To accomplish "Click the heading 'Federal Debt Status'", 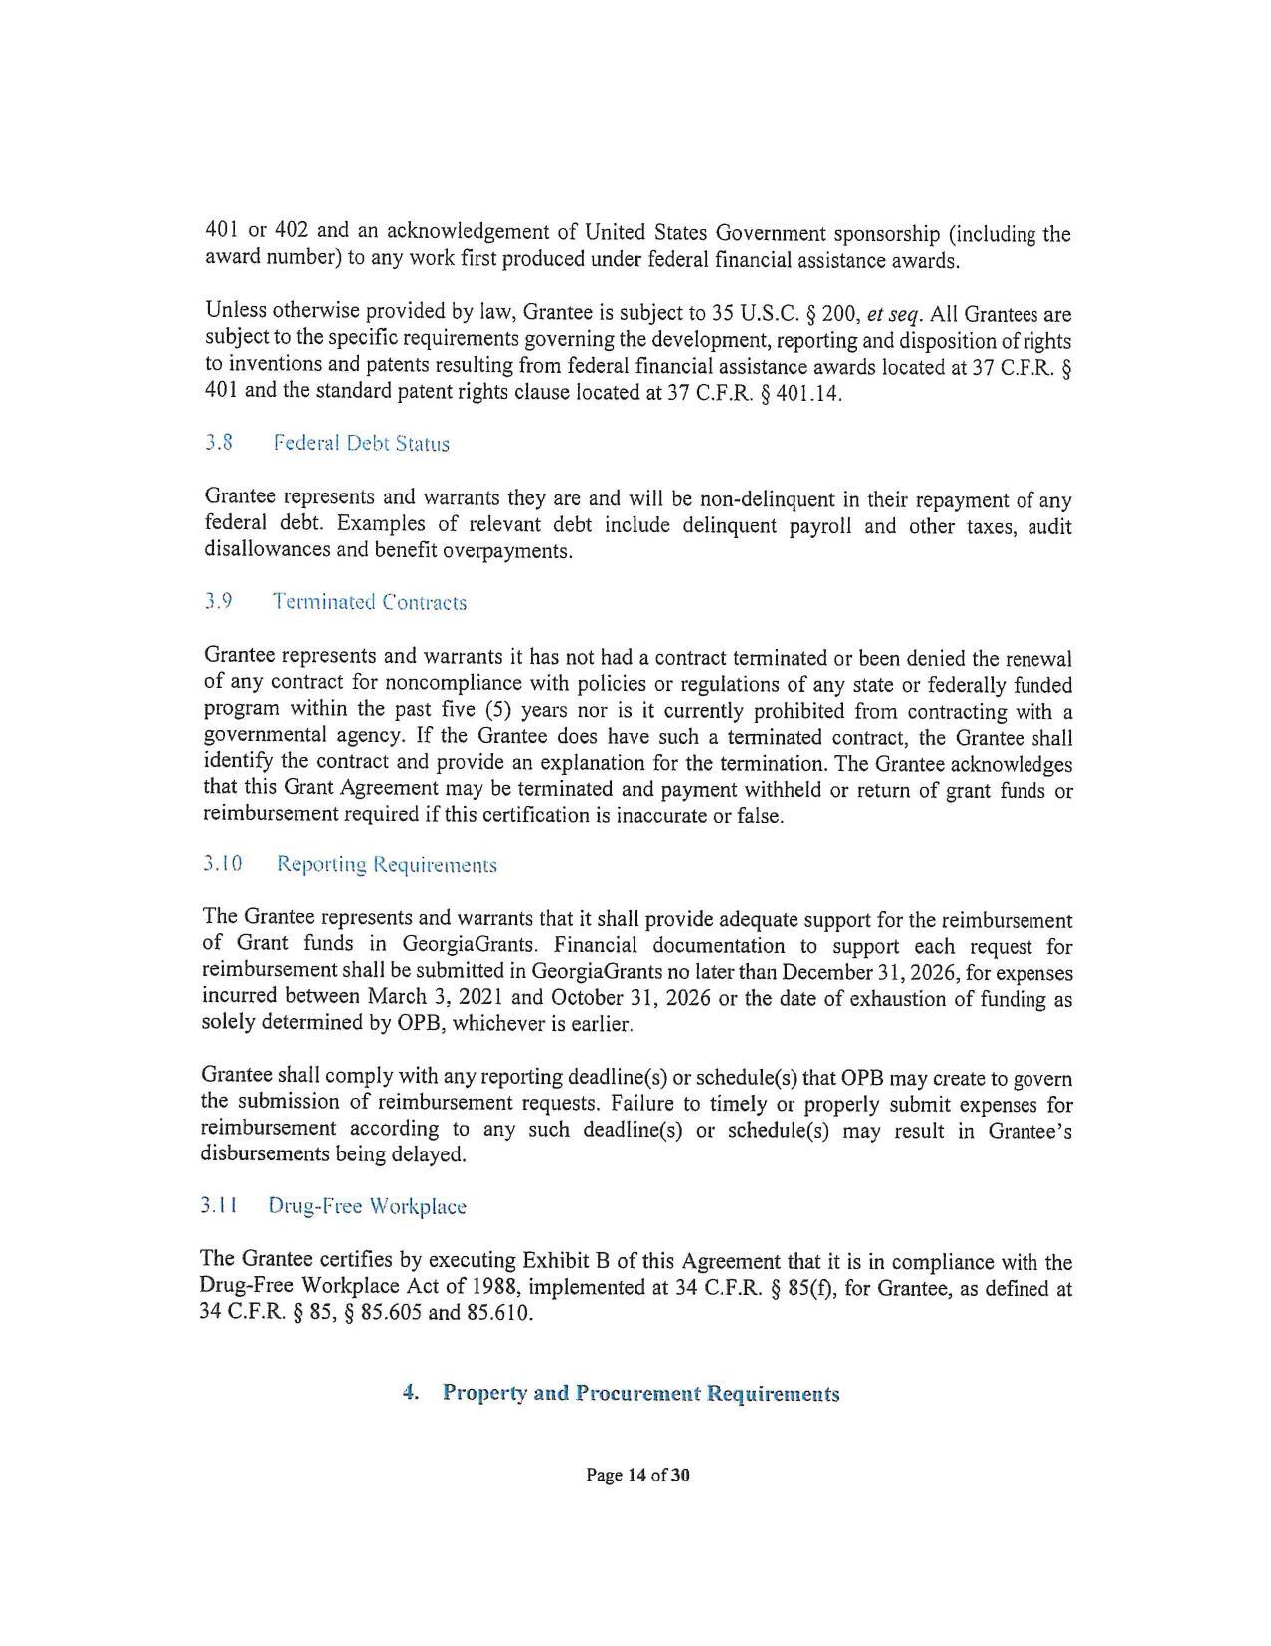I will [361, 444].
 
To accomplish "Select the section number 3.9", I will [218, 602].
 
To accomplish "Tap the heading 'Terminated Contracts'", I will [369, 602].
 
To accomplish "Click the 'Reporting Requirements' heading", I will [387, 864].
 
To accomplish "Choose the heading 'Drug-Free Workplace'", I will [367, 1206].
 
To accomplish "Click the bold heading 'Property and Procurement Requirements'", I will [640, 1393].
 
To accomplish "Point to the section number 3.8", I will [218, 443].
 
